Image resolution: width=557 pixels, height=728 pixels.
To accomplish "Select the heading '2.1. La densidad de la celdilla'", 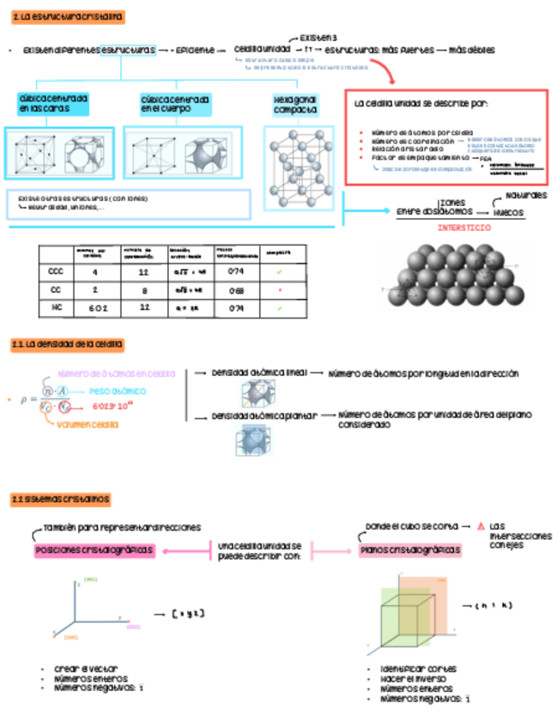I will point(68,344).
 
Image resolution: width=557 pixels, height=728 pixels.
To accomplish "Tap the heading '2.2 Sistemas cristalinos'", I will point(60,499).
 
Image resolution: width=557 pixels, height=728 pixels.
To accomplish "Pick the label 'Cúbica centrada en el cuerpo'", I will point(175,105).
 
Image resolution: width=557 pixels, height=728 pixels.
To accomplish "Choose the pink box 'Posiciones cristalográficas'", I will point(94,549).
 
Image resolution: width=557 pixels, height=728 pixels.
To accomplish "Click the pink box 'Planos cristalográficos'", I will point(410,549).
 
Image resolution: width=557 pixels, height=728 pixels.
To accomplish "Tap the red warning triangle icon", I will point(481,526).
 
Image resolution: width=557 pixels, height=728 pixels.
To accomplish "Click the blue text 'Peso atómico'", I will point(117,391).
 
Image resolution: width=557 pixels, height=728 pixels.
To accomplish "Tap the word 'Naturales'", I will point(526,197).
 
